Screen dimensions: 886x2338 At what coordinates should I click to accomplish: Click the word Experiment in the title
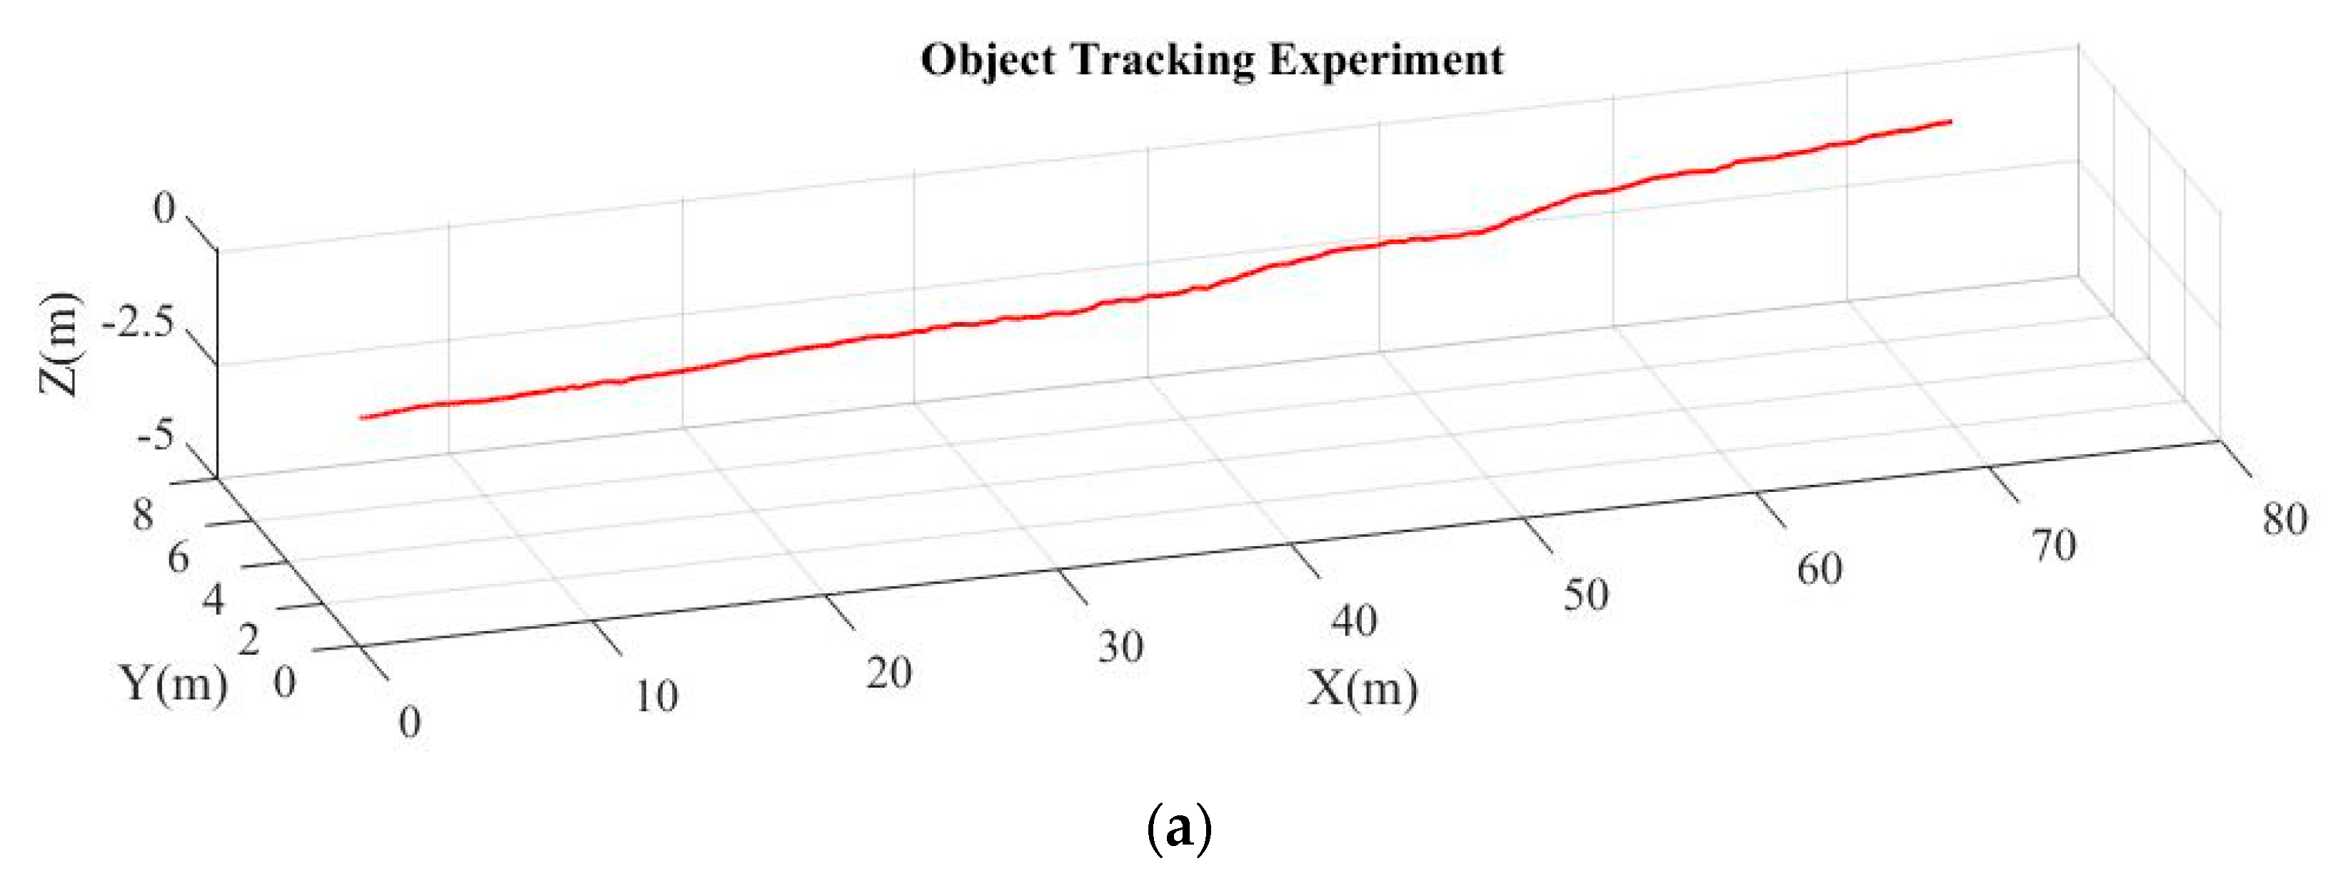tap(1386, 61)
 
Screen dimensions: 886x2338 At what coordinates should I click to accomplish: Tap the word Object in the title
tap(988, 61)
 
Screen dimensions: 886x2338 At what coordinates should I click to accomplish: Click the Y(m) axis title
tap(172, 683)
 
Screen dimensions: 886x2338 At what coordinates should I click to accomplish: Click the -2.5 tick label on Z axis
tap(137, 324)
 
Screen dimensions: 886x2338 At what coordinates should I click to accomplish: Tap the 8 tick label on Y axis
tap(143, 515)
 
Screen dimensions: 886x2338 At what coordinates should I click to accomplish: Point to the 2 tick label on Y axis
tap(248, 641)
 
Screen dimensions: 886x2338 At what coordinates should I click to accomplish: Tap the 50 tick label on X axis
tap(1585, 595)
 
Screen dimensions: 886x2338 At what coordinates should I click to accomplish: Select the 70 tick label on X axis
tap(2053, 545)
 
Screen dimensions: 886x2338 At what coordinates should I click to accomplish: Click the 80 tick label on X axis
tap(2284, 519)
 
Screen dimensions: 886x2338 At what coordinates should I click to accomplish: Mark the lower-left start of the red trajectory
tap(361, 418)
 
